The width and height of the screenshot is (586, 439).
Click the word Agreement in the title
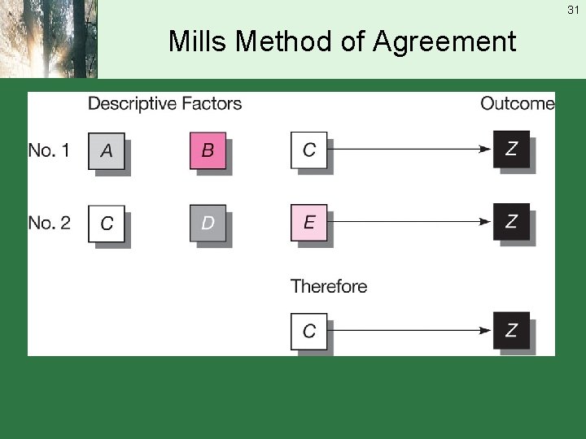[444, 41]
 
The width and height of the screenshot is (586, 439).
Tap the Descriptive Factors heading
[164, 103]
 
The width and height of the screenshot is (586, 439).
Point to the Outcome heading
[517, 103]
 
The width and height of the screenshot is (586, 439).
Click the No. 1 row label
[49, 150]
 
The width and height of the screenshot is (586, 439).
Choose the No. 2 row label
[49, 222]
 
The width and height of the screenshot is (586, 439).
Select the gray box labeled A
[107, 150]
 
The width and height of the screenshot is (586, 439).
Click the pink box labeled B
[208, 150]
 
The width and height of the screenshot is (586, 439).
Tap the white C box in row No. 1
[309, 150]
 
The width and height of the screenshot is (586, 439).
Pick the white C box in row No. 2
[107, 223]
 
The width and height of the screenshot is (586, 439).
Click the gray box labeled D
[208, 223]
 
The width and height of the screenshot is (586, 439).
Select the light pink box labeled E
[309, 223]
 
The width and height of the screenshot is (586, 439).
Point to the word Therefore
[329, 286]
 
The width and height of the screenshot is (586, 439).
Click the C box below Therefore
[309, 331]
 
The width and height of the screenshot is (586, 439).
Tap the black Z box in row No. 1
[511, 149]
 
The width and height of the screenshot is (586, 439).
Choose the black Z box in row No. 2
[511, 222]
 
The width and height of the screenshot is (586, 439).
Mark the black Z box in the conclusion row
[511, 330]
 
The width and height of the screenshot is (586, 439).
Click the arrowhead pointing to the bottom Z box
[485, 331]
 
